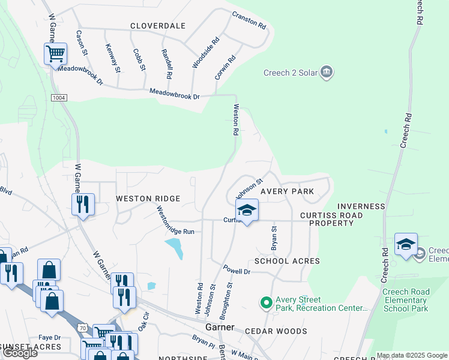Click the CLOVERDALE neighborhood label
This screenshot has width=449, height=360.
pyautogui.click(x=158, y=26)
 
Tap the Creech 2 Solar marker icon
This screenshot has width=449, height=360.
pyautogui.click(x=327, y=73)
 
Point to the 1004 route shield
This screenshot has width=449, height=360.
pyautogui.click(x=59, y=97)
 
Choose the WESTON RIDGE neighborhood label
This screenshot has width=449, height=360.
pyautogui.click(x=148, y=199)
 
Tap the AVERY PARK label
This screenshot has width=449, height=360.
pyautogui.click(x=287, y=191)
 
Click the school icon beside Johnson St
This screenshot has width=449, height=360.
pyautogui.click(x=246, y=210)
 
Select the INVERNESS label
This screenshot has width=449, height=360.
pyautogui.click(x=361, y=206)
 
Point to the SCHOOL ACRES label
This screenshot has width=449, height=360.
pyautogui.click(x=287, y=261)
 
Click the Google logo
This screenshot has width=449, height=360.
pyautogui.click(x=20, y=353)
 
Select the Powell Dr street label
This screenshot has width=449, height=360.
pyautogui.click(x=237, y=271)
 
